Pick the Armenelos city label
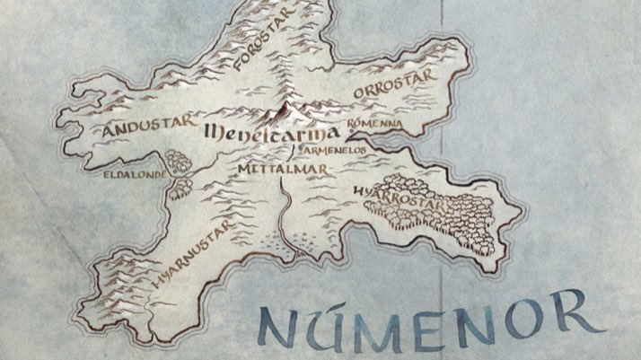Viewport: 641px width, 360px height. coord(334,150)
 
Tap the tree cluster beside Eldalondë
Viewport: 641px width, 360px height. coord(180,171)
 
